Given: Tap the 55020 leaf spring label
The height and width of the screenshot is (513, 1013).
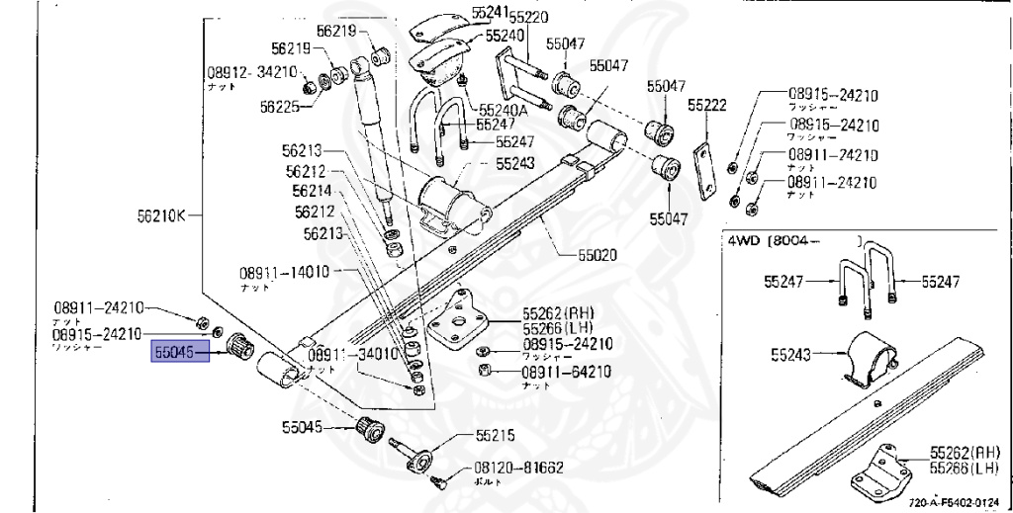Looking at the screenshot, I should click(x=597, y=254).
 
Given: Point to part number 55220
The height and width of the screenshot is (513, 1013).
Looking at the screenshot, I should click(x=527, y=15).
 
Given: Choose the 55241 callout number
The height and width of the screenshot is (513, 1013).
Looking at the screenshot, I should click(x=490, y=12).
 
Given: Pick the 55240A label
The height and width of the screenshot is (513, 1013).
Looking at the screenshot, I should click(x=503, y=110).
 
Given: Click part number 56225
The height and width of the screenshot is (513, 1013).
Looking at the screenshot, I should click(x=280, y=107).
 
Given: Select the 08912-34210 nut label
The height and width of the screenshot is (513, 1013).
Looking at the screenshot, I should click(x=251, y=73).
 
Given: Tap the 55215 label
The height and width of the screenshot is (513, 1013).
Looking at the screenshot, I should click(x=496, y=434).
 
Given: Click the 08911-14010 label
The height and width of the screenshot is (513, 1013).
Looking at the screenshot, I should click(x=283, y=273).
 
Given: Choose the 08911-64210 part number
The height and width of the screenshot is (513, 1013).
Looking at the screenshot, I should click(x=567, y=372).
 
